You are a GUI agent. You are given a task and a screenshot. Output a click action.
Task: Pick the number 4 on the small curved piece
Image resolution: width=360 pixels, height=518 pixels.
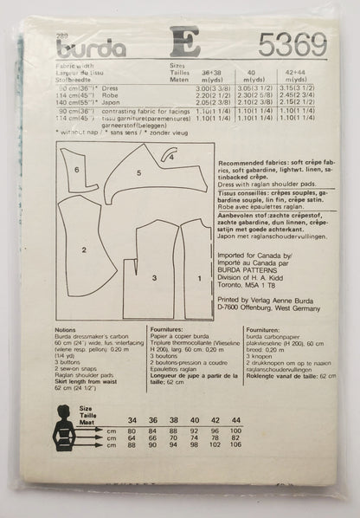(170, 158)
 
